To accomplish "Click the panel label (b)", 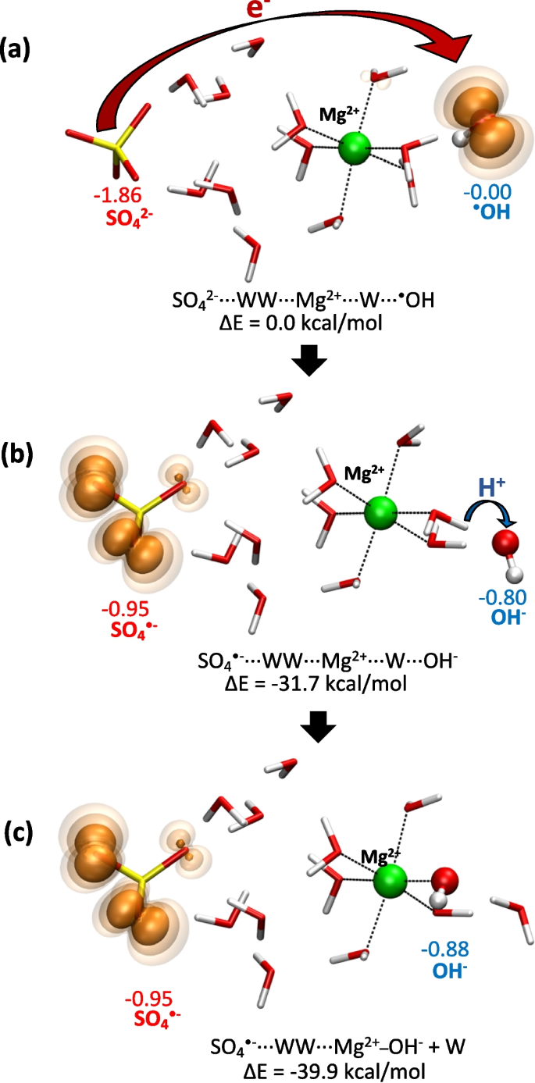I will (17, 454).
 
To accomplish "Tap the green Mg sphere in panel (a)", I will (355, 148).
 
